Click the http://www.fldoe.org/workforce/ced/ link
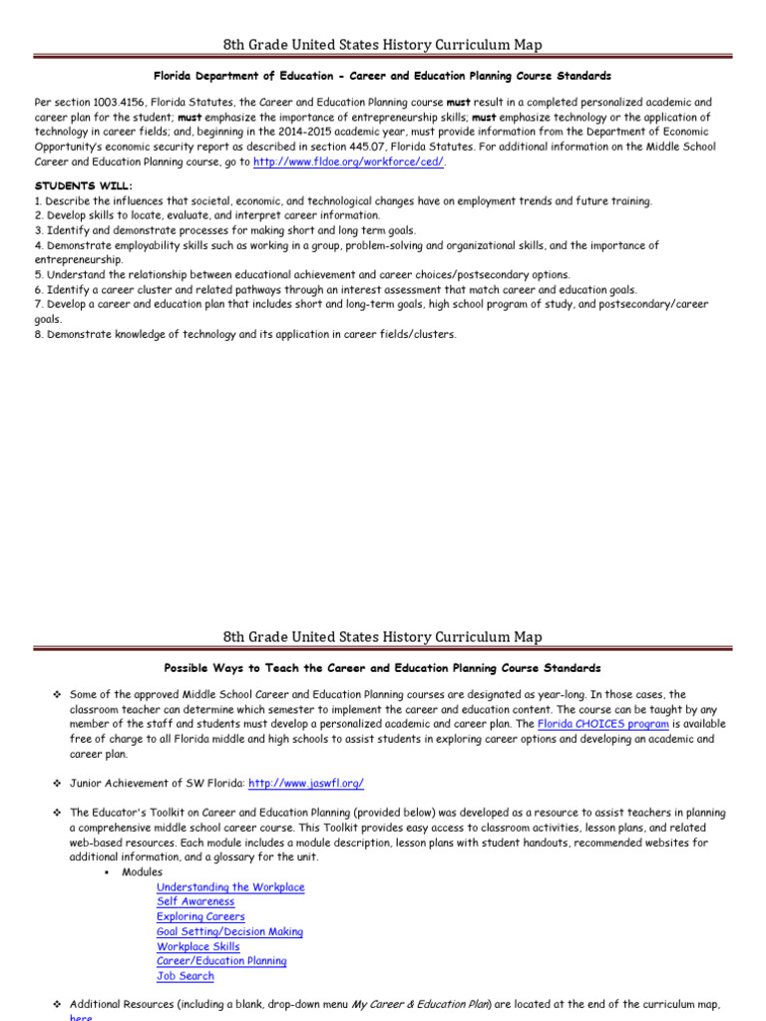click(349, 161)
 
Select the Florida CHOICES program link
click(602, 724)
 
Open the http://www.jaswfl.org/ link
click(313, 784)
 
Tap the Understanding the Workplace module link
click(230, 887)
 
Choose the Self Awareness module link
click(195, 901)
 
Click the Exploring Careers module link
click(200, 916)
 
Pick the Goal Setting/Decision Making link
click(229, 931)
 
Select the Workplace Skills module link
click(197, 946)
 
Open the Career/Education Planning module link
click(221, 961)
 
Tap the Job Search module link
click(185, 976)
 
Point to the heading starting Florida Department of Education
click(382, 76)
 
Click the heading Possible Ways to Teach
click(382, 667)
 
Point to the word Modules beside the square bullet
click(142, 872)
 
